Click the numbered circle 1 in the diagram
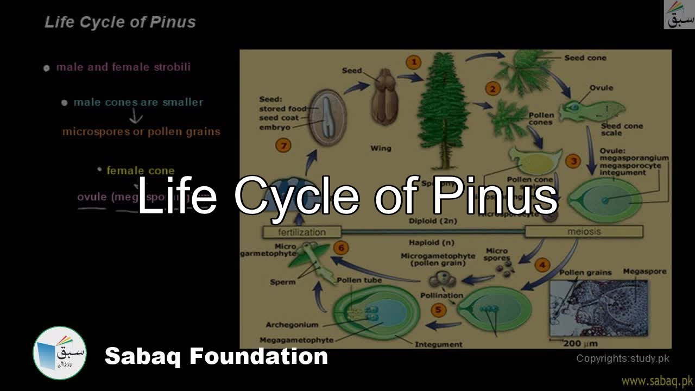414,62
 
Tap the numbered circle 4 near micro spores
542,265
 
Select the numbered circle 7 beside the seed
283,145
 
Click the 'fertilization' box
302,232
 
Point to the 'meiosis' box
584,231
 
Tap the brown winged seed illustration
384,97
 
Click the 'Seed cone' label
585,58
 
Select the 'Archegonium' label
292,325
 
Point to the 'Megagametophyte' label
296,340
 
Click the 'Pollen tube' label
359,280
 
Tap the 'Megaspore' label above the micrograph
645,271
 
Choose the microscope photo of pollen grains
598,308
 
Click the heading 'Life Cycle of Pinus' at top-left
120,22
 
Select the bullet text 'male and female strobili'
123,67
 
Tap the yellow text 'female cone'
140,171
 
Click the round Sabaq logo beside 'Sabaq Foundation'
60,353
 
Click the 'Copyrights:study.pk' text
623,358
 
